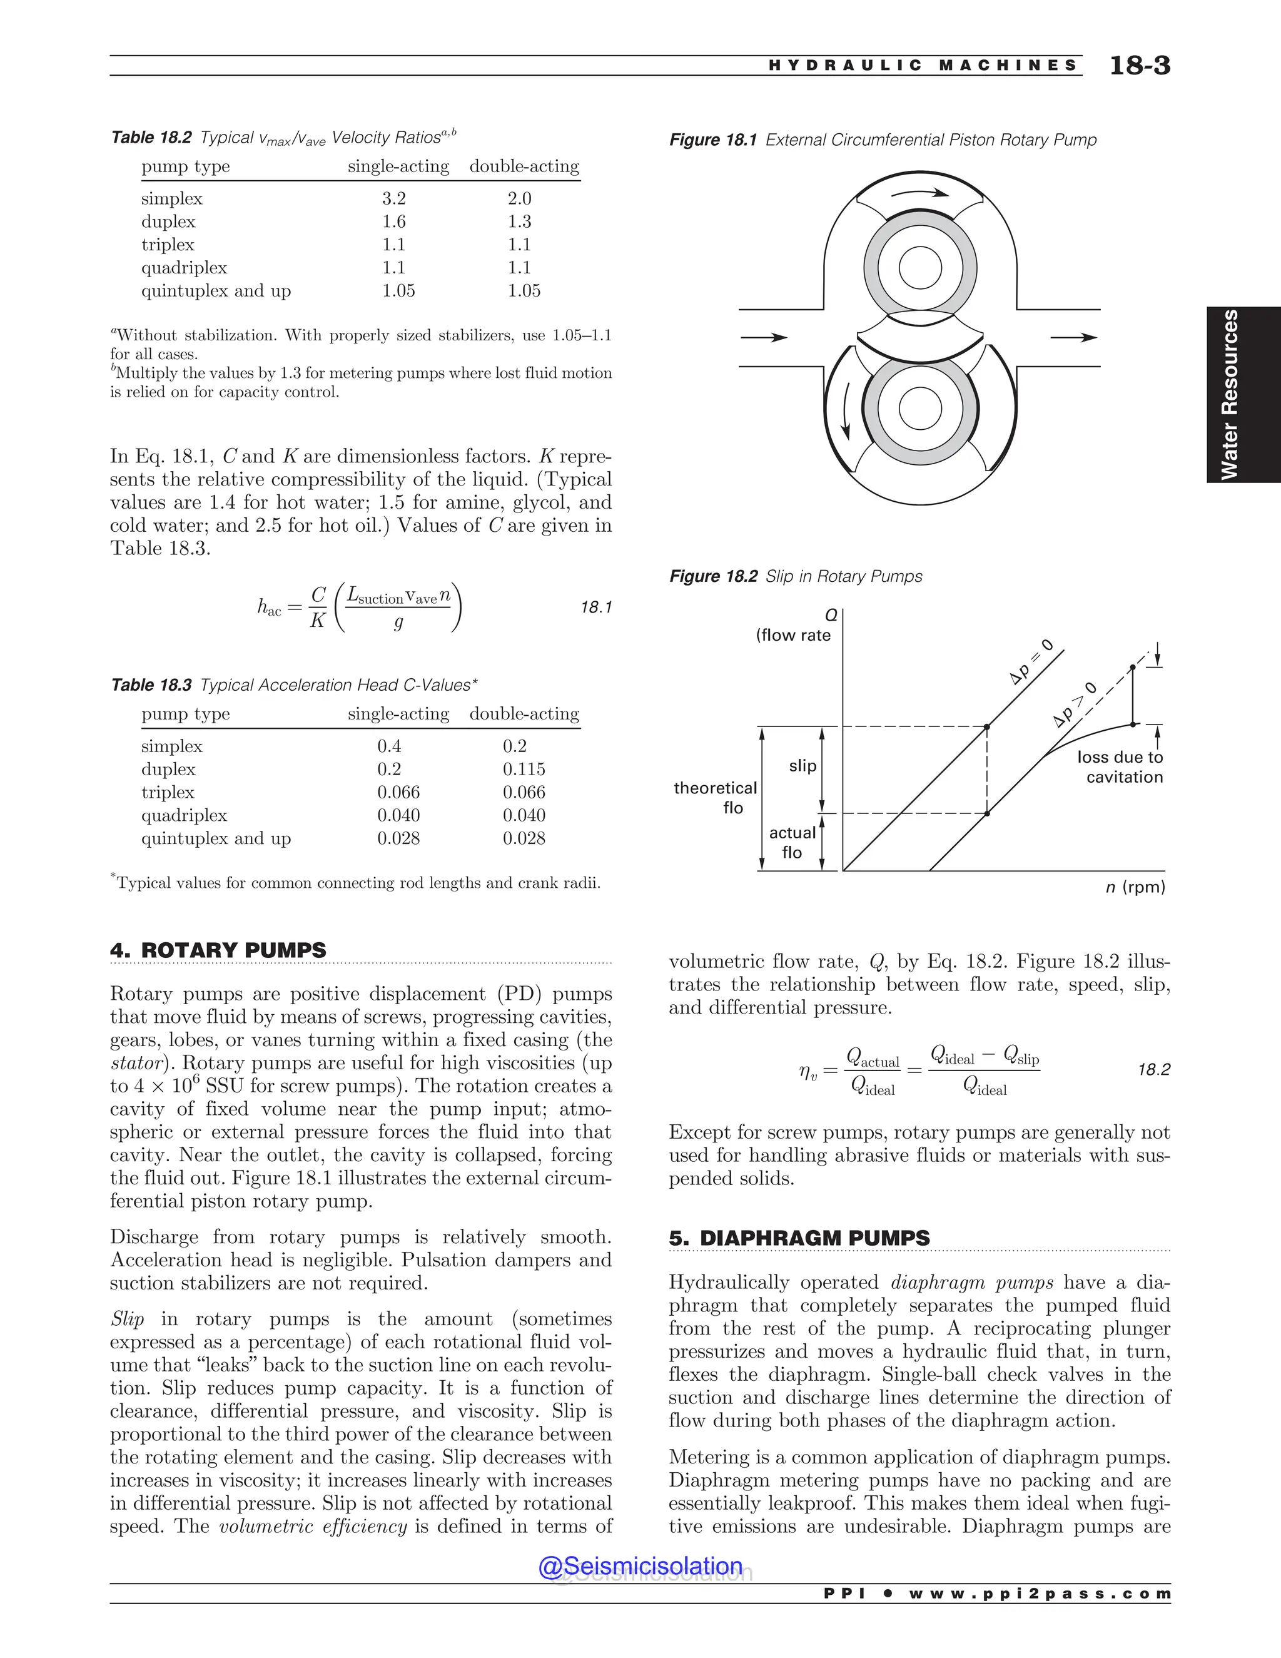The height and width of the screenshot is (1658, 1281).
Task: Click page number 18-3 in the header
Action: pos(1139,66)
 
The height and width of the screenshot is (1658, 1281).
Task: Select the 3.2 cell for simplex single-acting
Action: pos(394,199)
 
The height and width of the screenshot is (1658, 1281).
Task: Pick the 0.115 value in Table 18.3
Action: pos(524,769)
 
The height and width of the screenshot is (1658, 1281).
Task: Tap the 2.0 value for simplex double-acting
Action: pos(519,199)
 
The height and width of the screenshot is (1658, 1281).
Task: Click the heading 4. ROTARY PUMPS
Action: pos(218,950)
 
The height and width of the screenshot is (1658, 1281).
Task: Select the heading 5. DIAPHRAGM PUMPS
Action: pos(799,1238)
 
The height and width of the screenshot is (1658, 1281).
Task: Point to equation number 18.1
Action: pos(595,608)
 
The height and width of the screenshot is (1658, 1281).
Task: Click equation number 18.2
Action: pos(1153,1070)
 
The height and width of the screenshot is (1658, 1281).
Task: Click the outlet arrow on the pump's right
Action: pos(1073,337)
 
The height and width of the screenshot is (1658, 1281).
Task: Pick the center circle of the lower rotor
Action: pos(919,409)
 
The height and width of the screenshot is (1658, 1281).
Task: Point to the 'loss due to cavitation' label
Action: pos(1120,767)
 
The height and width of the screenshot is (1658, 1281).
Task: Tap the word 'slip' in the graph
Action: pos(802,766)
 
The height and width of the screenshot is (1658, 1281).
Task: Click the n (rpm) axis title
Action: pos(1135,887)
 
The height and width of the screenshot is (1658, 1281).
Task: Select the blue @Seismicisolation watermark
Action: pos(640,1566)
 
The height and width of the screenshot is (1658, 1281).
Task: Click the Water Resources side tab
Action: pos(1229,394)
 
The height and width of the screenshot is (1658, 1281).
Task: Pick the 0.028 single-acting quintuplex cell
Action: pos(398,838)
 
